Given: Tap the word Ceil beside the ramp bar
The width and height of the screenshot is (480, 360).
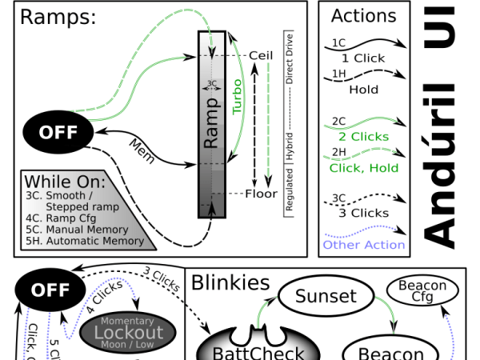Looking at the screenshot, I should [x=262, y=54].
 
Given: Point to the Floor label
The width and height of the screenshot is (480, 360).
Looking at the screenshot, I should [x=261, y=194].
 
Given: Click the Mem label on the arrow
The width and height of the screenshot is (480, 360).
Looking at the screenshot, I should [x=142, y=150].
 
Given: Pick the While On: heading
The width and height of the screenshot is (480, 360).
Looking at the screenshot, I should [x=59, y=182].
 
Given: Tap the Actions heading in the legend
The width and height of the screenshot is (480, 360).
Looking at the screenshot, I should [x=363, y=15].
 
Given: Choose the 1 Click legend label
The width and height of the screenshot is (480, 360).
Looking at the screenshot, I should [x=363, y=58].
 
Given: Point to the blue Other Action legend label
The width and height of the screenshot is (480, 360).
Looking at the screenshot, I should [x=364, y=245].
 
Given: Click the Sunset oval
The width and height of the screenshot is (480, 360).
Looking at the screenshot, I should [x=326, y=297].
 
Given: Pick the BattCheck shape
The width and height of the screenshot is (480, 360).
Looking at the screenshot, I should [x=251, y=348].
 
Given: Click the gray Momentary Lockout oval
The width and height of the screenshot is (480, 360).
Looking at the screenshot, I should [x=128, y=330].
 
